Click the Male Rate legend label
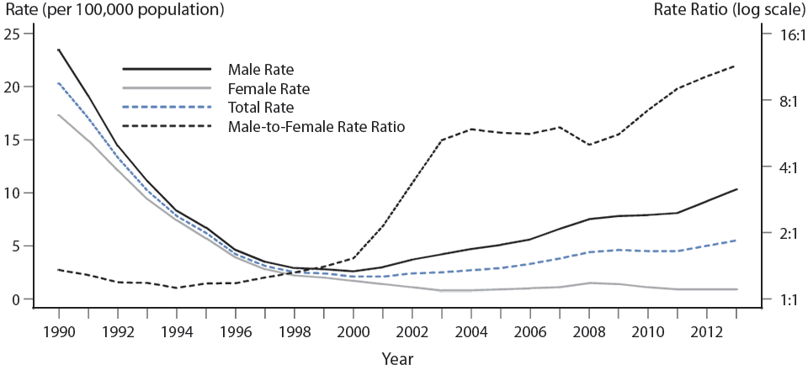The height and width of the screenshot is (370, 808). pyautogui.click(x=260, y=68)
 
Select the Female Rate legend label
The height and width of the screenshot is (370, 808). pyautogui.click(x=268, y=88)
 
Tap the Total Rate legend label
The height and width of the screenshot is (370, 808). pyautogui.click(x=260, y=108)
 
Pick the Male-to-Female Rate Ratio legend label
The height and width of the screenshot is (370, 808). pyautogui.click(x=316, y=127)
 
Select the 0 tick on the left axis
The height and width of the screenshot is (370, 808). pyautogui.click(x=17, y=299)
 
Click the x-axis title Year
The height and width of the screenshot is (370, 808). pyautogui.click(x=396, y=358)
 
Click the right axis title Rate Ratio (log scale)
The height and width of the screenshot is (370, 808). pyautogui.click(x=727, y=11)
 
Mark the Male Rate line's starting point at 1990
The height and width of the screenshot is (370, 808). pyautogui.click(x=58, y=50)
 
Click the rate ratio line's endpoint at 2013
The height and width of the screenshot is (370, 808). pyautogui.click(x=737, y=66)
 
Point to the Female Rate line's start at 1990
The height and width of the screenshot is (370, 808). pyautogui.click(x=58, y=115)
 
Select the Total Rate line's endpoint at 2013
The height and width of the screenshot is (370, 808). pyautogui.click(x=737, y=240)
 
